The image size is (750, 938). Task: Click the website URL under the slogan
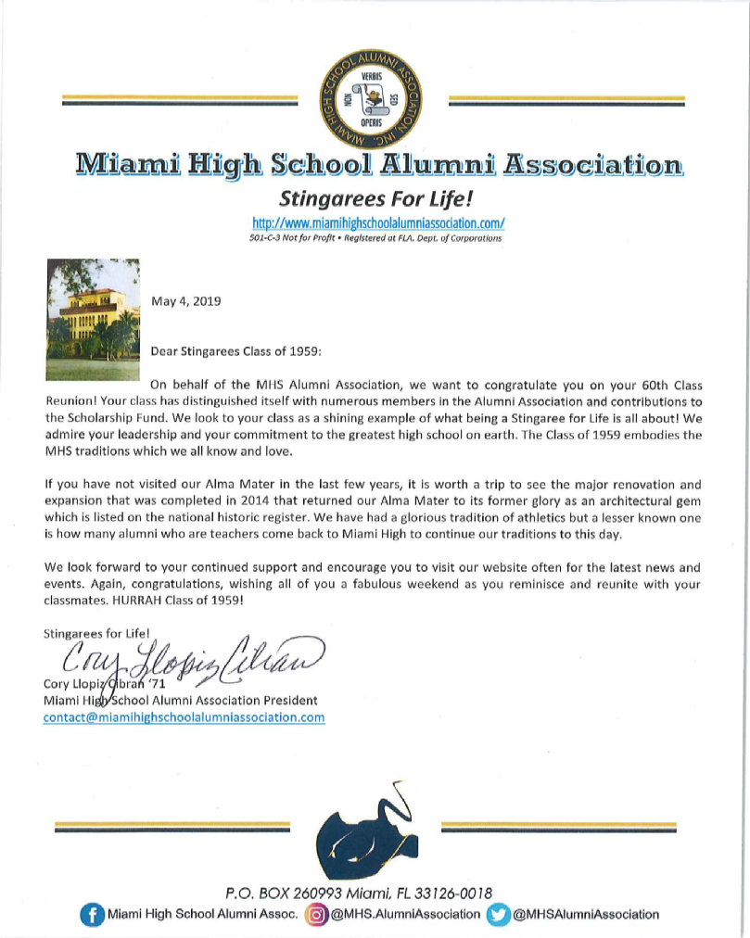pyautogui.click(x=378, y=223)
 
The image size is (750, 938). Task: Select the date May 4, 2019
pyautogui.click(x=185, y=300)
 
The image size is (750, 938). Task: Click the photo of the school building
pyautogui.click(x=92, y=320)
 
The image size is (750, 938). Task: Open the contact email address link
pyautogui.click(x=184, y=717)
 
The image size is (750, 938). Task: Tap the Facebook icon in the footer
pyautogui.click(x=92, y=915)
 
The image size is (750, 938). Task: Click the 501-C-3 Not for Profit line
pyautogui.click(x=375, y=238)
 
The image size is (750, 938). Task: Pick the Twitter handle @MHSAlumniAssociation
pyautogui.click(x=586, y=915)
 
